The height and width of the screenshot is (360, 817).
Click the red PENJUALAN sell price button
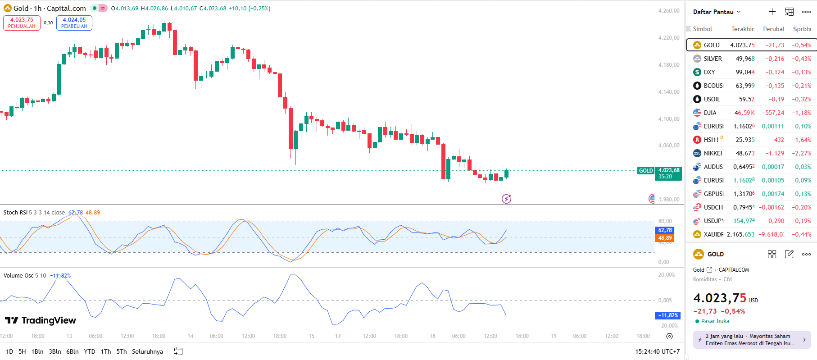[x=22, y=23]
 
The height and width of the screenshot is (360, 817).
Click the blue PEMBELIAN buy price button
[x=74, y=23]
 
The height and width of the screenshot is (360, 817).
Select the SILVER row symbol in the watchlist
[x=713, y=59]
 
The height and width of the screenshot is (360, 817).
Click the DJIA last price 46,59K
[x=744, y=113]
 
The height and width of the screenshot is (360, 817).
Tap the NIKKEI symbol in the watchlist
[x=713, y=153]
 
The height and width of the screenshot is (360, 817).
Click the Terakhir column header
[x=742, y=29]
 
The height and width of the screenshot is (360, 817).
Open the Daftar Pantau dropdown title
[x=716, y=12]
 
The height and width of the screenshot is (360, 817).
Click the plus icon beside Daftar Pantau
[x=772, y=12]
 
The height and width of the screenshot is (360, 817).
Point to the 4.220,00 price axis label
[x=668, y=38]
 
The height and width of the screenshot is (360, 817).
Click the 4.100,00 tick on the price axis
[x=668, y=119]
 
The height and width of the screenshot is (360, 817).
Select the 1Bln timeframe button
[x=37, y=351]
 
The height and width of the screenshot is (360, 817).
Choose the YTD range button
[x=90, y=351]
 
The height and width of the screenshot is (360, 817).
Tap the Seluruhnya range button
[x=147, y=351]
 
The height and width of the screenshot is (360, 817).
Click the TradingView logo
[x=41, y=320]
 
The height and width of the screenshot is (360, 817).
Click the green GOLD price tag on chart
[x=646, y=171]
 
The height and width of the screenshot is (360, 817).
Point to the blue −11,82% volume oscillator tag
[x=667, y=315]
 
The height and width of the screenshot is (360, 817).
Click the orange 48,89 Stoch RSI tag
[x=665, y=238]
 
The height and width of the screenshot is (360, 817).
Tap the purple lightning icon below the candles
[x=506, y=199]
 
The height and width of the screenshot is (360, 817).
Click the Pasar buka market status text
[x=715, y=321]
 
